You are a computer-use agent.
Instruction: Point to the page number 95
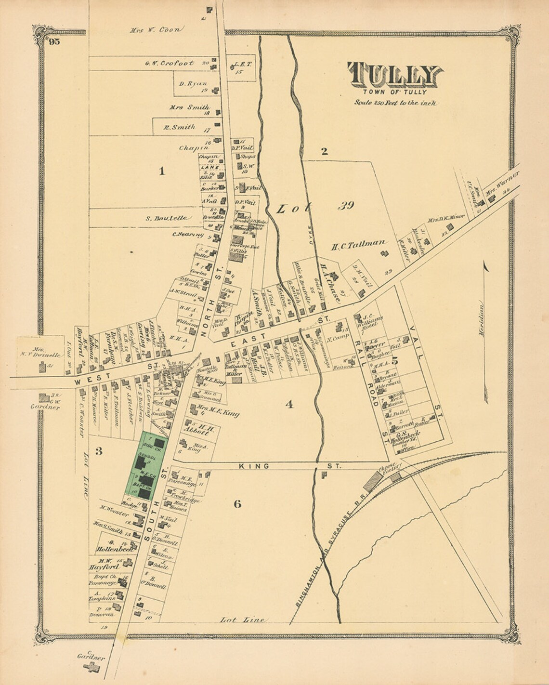click(x=53, y=42)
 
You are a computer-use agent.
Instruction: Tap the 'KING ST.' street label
click(x=289, y=466)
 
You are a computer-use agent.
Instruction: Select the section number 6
click(x=237, y=504)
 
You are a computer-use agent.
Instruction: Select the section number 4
click(x=288, y=405)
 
